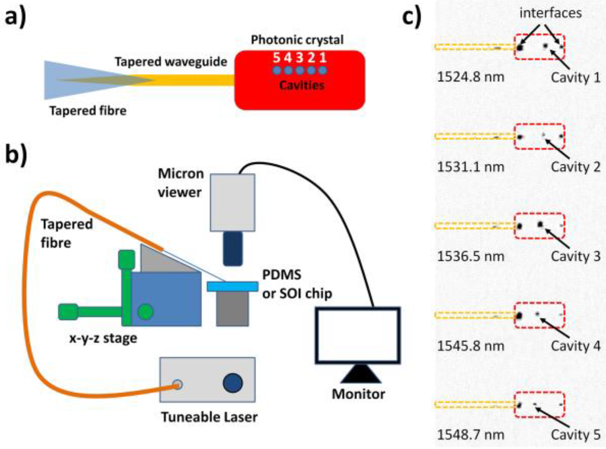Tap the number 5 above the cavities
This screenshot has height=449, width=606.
275,59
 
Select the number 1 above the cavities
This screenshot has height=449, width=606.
323,59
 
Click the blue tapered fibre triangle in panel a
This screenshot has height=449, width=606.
65,80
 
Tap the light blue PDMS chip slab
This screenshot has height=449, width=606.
233,286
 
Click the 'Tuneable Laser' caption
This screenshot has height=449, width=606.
209,417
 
